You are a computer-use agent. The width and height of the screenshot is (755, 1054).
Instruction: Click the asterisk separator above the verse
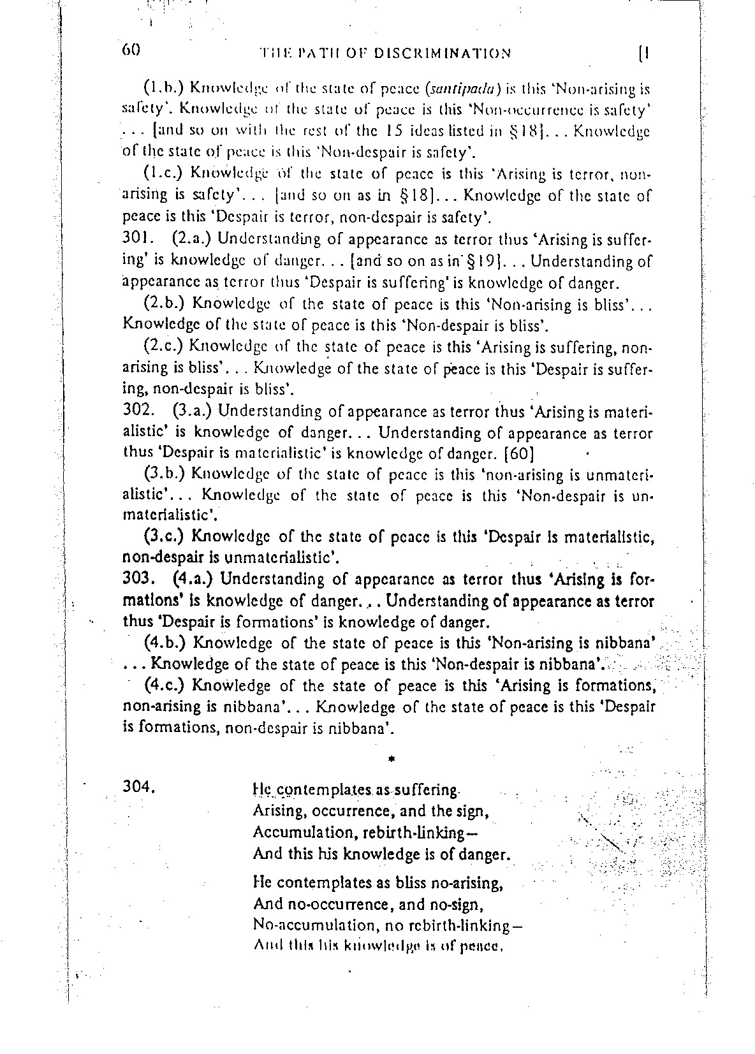point(392,759)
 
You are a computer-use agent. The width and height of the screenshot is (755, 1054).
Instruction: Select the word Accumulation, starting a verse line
point(299,833)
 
